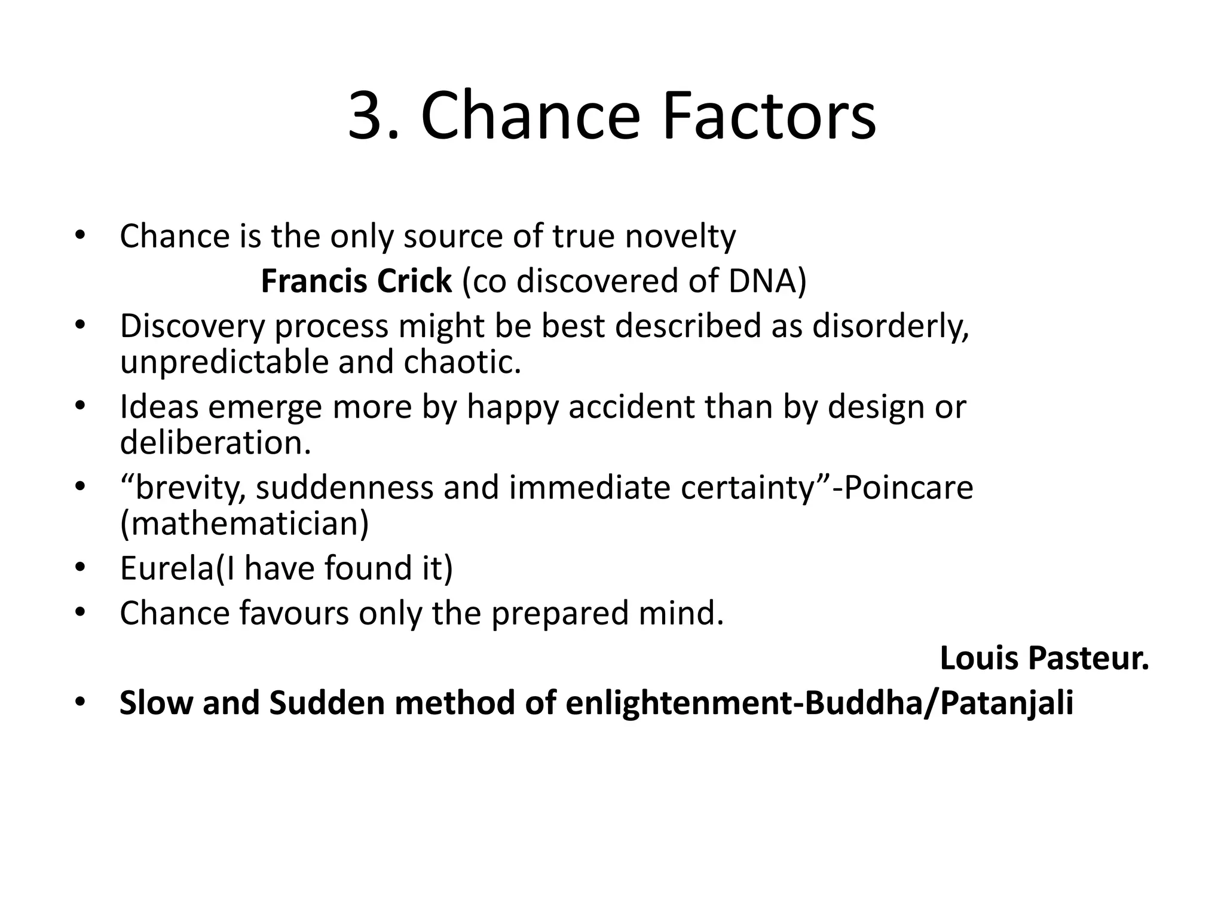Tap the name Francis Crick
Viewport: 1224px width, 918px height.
coord(356,281)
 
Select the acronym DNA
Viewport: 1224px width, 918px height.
coord(763,281)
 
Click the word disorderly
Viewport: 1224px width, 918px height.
coord(890,326)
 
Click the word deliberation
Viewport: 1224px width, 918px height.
coord(215,443)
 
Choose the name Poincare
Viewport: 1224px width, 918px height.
coord(908,488)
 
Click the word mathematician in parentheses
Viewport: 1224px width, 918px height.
coord(244,524)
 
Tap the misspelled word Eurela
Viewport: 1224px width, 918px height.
coord(167,568)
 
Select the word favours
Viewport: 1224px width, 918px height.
coord(293,614)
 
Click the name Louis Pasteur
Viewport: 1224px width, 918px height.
coord(1044,659)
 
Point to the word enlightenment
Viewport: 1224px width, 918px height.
coord(679,703)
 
